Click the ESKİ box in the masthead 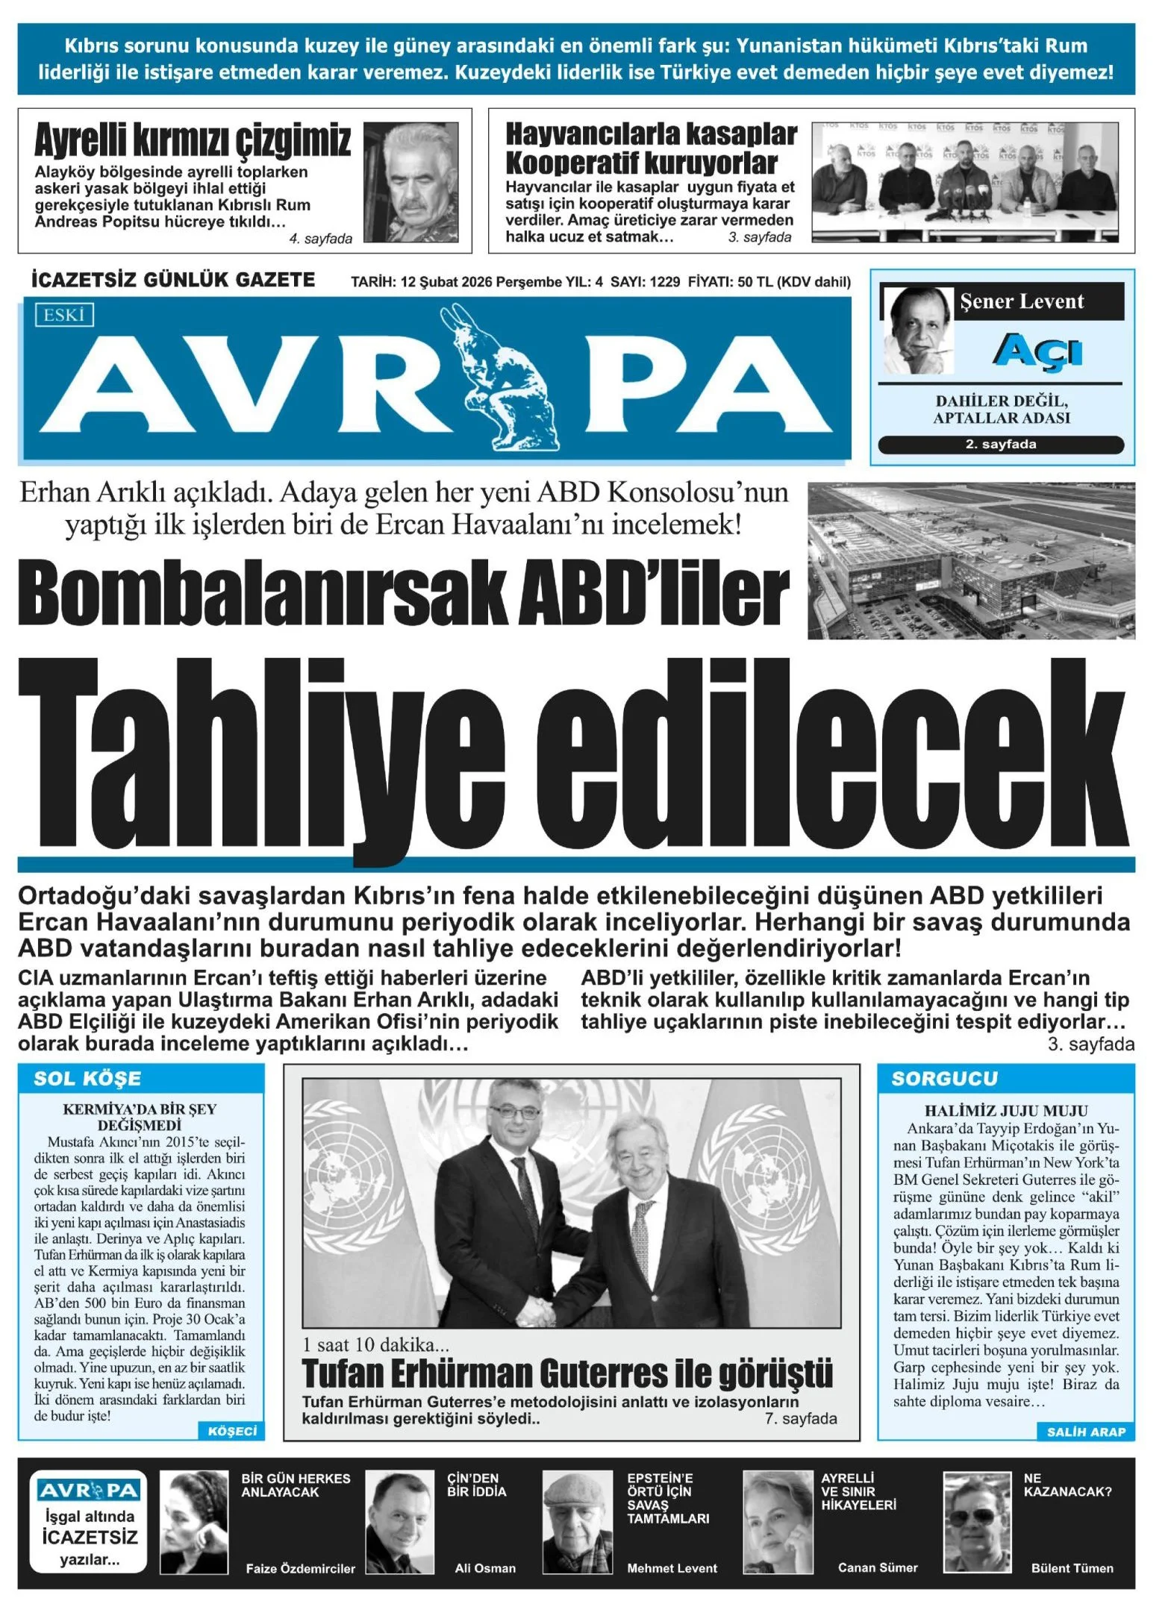click(63, 315)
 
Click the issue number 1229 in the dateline click(664, 282)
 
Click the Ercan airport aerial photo click(970, 560)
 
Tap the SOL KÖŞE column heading click(87, 1079)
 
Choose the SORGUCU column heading click(944, 1079)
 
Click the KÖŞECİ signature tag click(232, 1430)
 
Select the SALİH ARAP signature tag click(1086, 1432)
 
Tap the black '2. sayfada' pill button click(1000, 445)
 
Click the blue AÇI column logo click(1037, 351)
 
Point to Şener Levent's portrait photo click(918, 330)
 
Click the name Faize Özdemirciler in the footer click(300, 1568)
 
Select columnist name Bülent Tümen click(1072, 1568)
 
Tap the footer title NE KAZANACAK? click(1067, 1485)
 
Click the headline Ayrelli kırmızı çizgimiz click(193, 140)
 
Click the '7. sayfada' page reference click(800, 1418)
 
